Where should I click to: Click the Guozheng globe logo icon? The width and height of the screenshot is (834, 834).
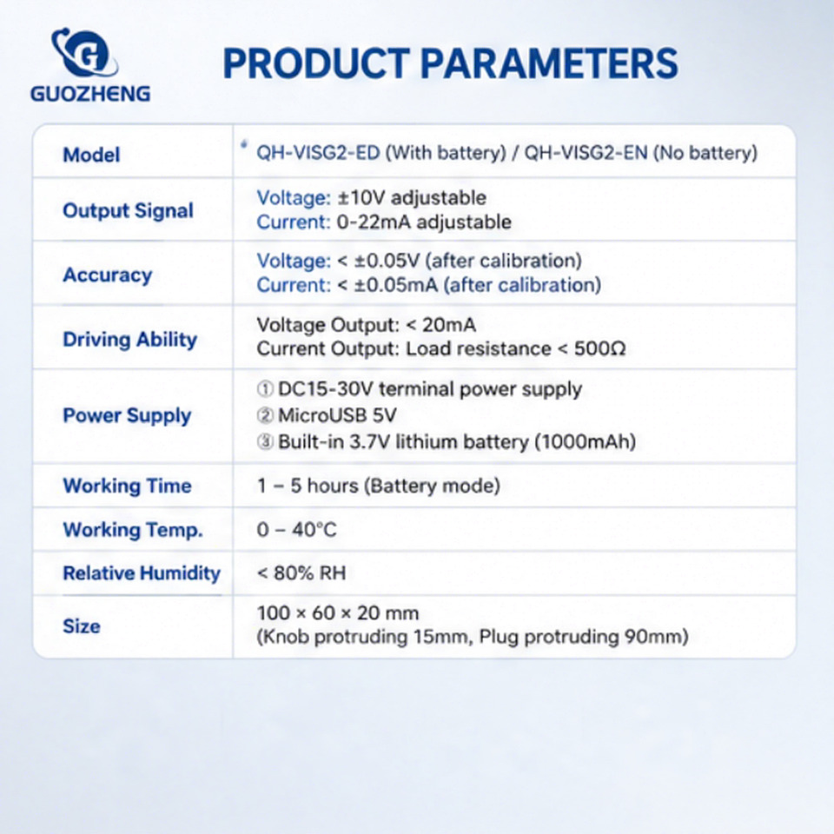[85, 53]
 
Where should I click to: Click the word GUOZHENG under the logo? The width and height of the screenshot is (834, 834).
[90, 94]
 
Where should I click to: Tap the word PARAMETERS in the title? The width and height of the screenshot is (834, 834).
[549, 63]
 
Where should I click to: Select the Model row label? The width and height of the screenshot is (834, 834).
[91, 155]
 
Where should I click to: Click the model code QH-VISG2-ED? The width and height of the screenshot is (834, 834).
[318, 153]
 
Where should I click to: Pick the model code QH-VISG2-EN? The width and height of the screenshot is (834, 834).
[586, 153]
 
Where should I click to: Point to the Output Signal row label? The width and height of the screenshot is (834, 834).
[129, 210]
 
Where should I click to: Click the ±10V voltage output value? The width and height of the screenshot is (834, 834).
[361, 198]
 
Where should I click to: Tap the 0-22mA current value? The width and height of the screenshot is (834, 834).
[374, 222]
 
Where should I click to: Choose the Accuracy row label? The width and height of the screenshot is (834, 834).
[108, 275]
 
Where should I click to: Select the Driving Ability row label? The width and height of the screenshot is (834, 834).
[129, 340]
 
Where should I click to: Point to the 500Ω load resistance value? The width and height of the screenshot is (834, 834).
[600, 349]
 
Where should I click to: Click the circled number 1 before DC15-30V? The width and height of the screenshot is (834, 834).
[265, 389]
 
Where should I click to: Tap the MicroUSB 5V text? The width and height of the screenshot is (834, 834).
[337, 415]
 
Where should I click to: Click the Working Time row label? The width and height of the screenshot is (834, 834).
[127, 486]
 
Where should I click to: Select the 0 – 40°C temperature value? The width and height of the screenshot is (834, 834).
[297, 530]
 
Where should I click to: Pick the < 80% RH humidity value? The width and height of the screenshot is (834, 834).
[301, 573]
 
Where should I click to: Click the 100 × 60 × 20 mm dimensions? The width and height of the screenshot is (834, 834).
[338, 613]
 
